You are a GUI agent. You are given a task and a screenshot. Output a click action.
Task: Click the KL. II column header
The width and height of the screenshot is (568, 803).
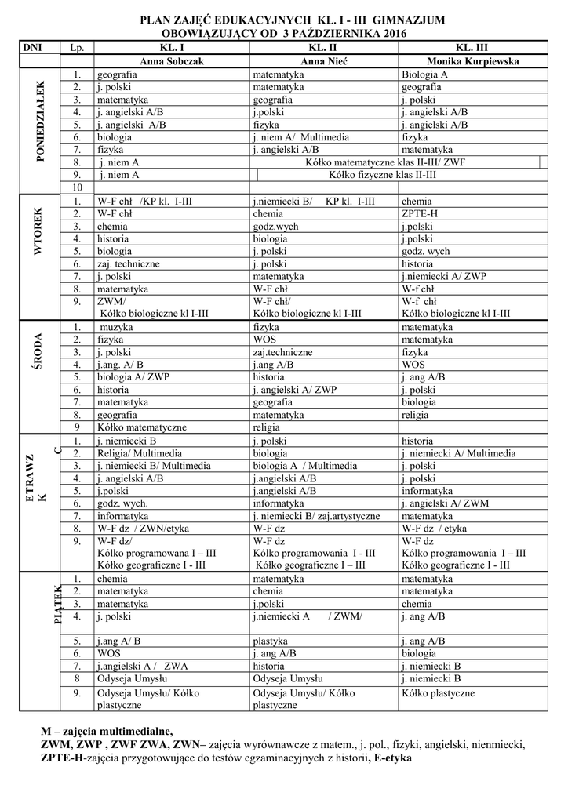click(323, 48)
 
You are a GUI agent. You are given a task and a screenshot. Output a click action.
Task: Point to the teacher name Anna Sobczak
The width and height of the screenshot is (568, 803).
click(170, 60)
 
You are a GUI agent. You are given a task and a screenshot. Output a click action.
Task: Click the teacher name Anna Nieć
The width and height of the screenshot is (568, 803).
click(323, 60)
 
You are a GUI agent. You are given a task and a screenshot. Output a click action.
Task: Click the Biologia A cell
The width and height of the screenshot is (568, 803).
click(424, 74)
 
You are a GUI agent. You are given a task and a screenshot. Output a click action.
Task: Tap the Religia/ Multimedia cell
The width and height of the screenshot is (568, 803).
click(140, 453)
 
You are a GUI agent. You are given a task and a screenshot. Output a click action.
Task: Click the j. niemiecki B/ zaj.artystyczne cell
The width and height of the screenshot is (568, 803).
click(316, 516)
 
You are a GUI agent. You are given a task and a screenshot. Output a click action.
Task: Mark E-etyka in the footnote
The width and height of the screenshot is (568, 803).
click(392, 758)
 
